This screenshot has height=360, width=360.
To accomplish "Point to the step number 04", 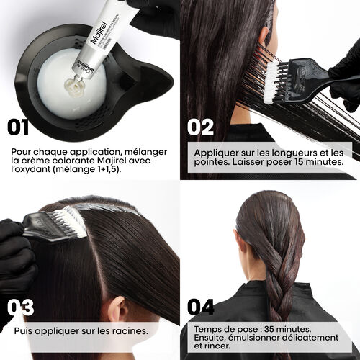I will (x=201, y=307).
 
